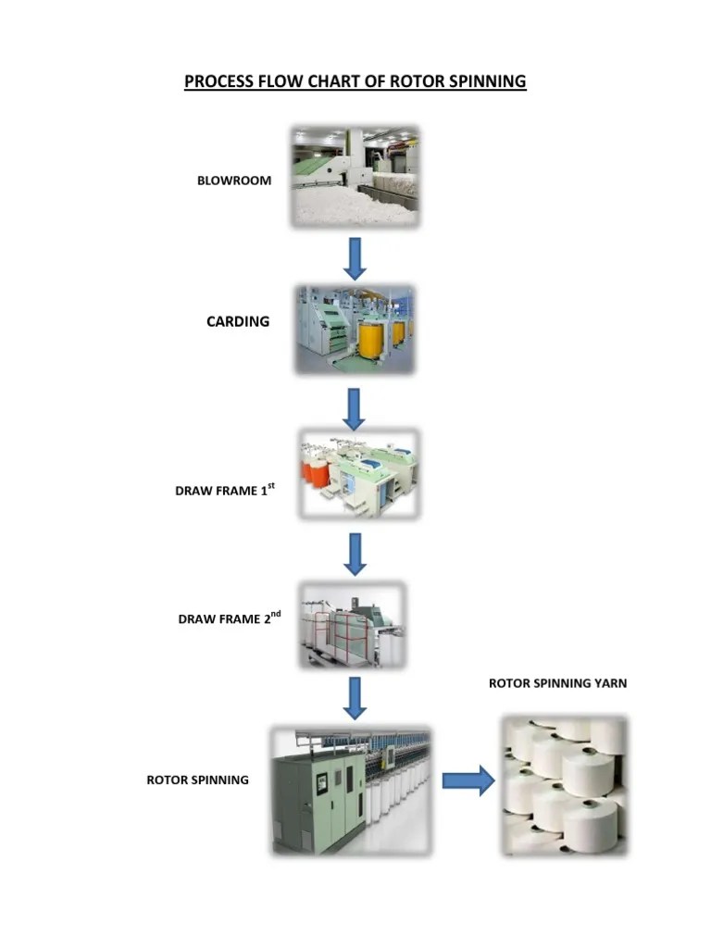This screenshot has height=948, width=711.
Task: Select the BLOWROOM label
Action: pyautogui.click(x=234, y=181)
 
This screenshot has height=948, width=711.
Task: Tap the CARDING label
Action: pyautogui.click(x=238, y=321)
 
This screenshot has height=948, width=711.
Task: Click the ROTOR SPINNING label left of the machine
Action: pyautogui.click(x=197, y=780)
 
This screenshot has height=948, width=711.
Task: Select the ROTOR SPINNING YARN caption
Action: pyautogui.click(x=557, y=683)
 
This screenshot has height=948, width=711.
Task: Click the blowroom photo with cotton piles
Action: pyautogui.click(x=355, y=177)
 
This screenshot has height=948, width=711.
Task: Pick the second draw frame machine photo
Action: pyautogui.click(x=352, y=626)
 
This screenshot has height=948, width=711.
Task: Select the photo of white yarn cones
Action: pyautogui.click(x=563, y=783)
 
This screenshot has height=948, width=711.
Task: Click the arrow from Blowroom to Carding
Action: pyautogui.click(x=355, y=257)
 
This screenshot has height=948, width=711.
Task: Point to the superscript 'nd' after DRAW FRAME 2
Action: pyautogui.click(x=275, y=613)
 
